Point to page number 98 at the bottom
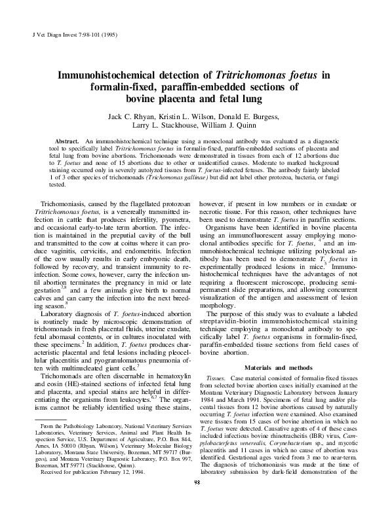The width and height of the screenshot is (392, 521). coord(196,501)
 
